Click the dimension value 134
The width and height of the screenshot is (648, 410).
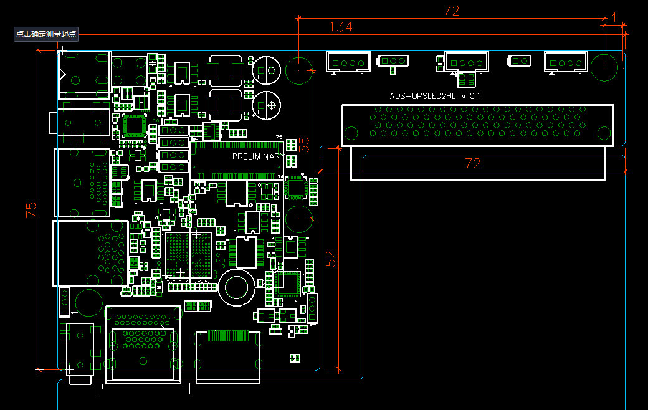pyautogui.click(x=341, y=27)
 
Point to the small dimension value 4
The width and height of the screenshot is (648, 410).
pyautogui.click(x=613, y=17)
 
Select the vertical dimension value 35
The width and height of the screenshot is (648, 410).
pyautogui.click(x=304, y=145)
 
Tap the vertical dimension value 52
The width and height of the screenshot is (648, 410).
pyautogui.click(x=331, y=259)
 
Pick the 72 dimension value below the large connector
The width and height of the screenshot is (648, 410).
pyautogui.click(x=473, y=163)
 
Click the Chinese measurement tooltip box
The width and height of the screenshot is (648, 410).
pyautogui.click(x=46, y=34)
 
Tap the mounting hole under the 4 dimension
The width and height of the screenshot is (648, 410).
pyautogui.click(x=604, y=67)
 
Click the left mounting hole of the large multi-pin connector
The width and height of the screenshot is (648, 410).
pyautogui.click(x=351, y=133)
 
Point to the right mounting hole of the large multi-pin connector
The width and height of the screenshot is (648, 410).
pyautogui.click(x=604, y=133)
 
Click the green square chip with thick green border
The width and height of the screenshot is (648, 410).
pyautogui.click(x=134, y=125)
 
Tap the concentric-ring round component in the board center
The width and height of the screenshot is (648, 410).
pyautogui.click(x=237, y=288)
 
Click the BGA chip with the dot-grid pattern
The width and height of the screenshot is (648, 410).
pyautogui.click(x=189, y=255)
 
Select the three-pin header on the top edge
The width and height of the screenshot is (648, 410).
pyautogui.click(x=393, y=61)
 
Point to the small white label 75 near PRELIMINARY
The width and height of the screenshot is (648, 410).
pyautogui.click(x=279, y=137)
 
